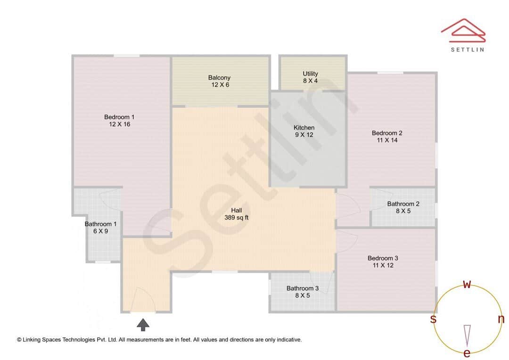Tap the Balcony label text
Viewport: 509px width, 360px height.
[x=219, y=78]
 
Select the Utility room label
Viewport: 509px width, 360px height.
[x=310, y=74]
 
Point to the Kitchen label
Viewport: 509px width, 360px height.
[x=304, y=128]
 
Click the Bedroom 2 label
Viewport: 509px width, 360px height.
[x=387, y=133]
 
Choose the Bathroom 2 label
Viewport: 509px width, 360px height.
[x=403, y=204]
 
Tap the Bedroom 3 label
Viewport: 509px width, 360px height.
[x=383, y=258]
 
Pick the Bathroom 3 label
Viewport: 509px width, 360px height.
[x=303, y=288]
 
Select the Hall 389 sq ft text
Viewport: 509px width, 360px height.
[x=237, y=214]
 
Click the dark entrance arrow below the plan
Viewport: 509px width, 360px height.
[x=143, y=325]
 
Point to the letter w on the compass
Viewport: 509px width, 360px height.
[x=467, y=284]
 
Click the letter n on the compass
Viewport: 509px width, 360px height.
[x=501, y=319]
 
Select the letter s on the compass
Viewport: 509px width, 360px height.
[x=433, y=319]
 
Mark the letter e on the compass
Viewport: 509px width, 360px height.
[x=467, y=353]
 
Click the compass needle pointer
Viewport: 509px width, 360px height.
[x=467, y=335]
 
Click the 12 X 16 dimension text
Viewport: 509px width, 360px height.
[x=119, y=124]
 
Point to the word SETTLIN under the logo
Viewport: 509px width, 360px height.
[x=467, y=49]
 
